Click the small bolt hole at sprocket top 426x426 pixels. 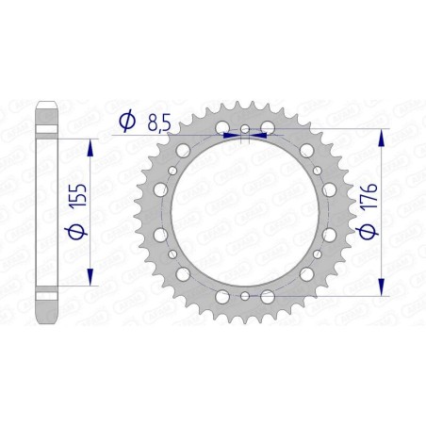pyautogui.click(x=244, y=129)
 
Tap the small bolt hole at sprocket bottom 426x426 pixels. pyautogui.click(x=244, y=295)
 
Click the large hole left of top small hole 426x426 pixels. pyautogui.click(x=221, y=127)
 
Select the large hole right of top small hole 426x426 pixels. pyautogui.click(x=268, y=127)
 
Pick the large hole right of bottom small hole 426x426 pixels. pyautogui.click(x=268, y=297)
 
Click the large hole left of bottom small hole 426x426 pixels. pyautogui.click(x=221, y=297)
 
